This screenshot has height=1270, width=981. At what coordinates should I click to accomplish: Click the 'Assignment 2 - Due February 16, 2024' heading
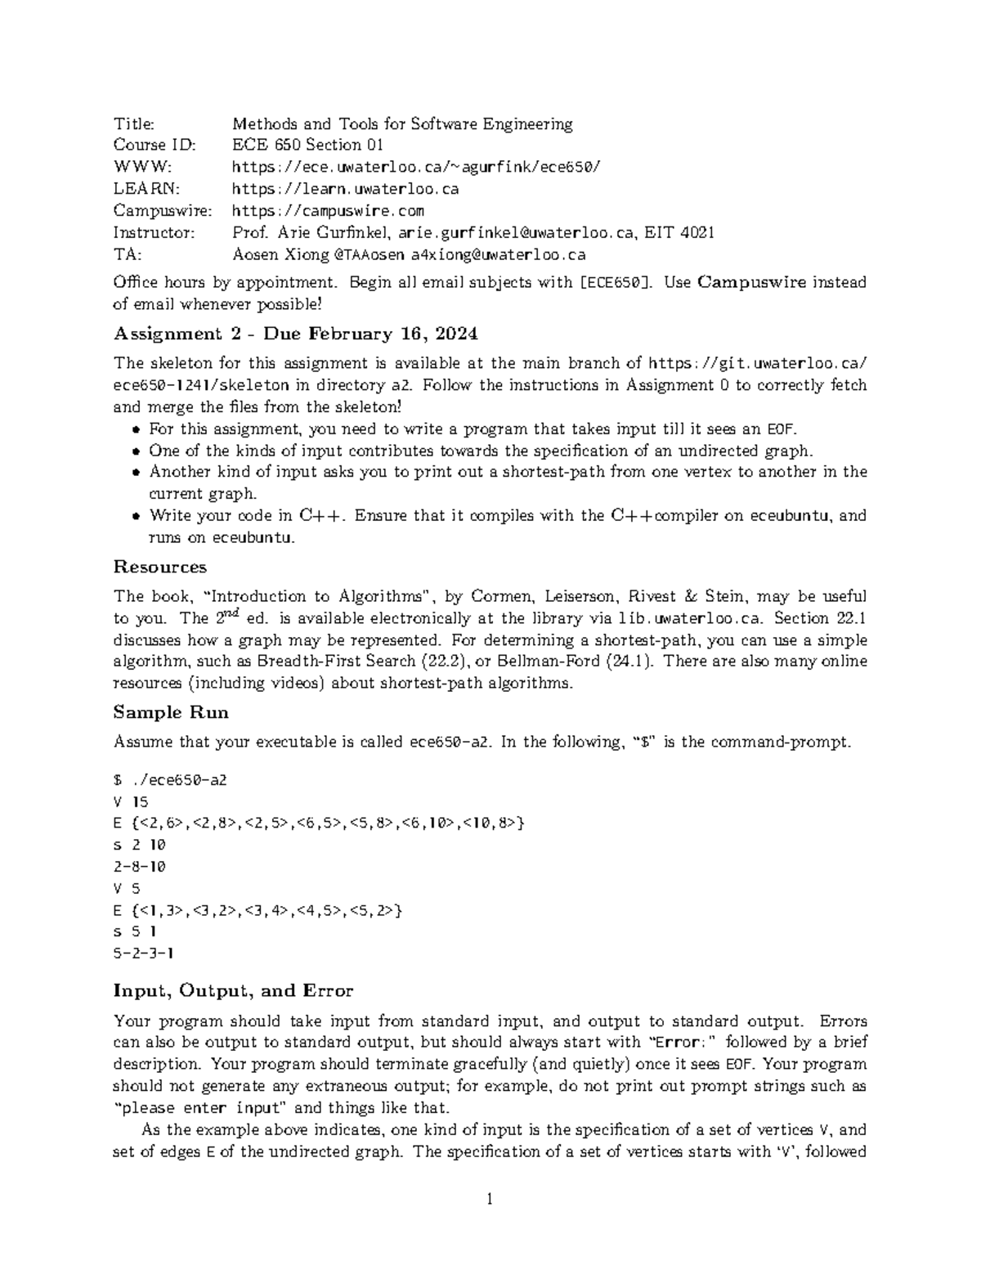point(296,334)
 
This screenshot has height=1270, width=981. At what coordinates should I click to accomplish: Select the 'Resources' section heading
point(160,567)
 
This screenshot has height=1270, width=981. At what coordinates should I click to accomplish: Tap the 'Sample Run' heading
point(171,712)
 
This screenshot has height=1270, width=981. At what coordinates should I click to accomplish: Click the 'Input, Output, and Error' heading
point(233,991)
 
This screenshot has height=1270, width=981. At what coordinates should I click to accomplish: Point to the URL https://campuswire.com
point(328,211)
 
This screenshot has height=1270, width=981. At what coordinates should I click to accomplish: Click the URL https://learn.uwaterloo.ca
point(345,189)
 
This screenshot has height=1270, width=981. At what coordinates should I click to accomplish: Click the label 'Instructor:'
point(155,233)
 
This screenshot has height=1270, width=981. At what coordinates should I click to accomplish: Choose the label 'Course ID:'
point(155,146)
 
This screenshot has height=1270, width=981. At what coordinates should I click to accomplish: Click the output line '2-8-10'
point(140,866)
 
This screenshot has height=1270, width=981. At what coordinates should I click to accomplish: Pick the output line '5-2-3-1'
point(144,953)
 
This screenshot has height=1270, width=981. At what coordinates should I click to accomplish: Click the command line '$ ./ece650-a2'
point(170,779)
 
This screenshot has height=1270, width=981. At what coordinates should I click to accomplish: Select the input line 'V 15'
point(131,801)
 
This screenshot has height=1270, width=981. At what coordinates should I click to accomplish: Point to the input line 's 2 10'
point(140,845)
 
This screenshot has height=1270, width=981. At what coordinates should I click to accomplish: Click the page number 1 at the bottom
point(490,1200)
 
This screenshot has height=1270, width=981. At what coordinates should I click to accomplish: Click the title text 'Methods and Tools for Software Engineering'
point(402,124)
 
